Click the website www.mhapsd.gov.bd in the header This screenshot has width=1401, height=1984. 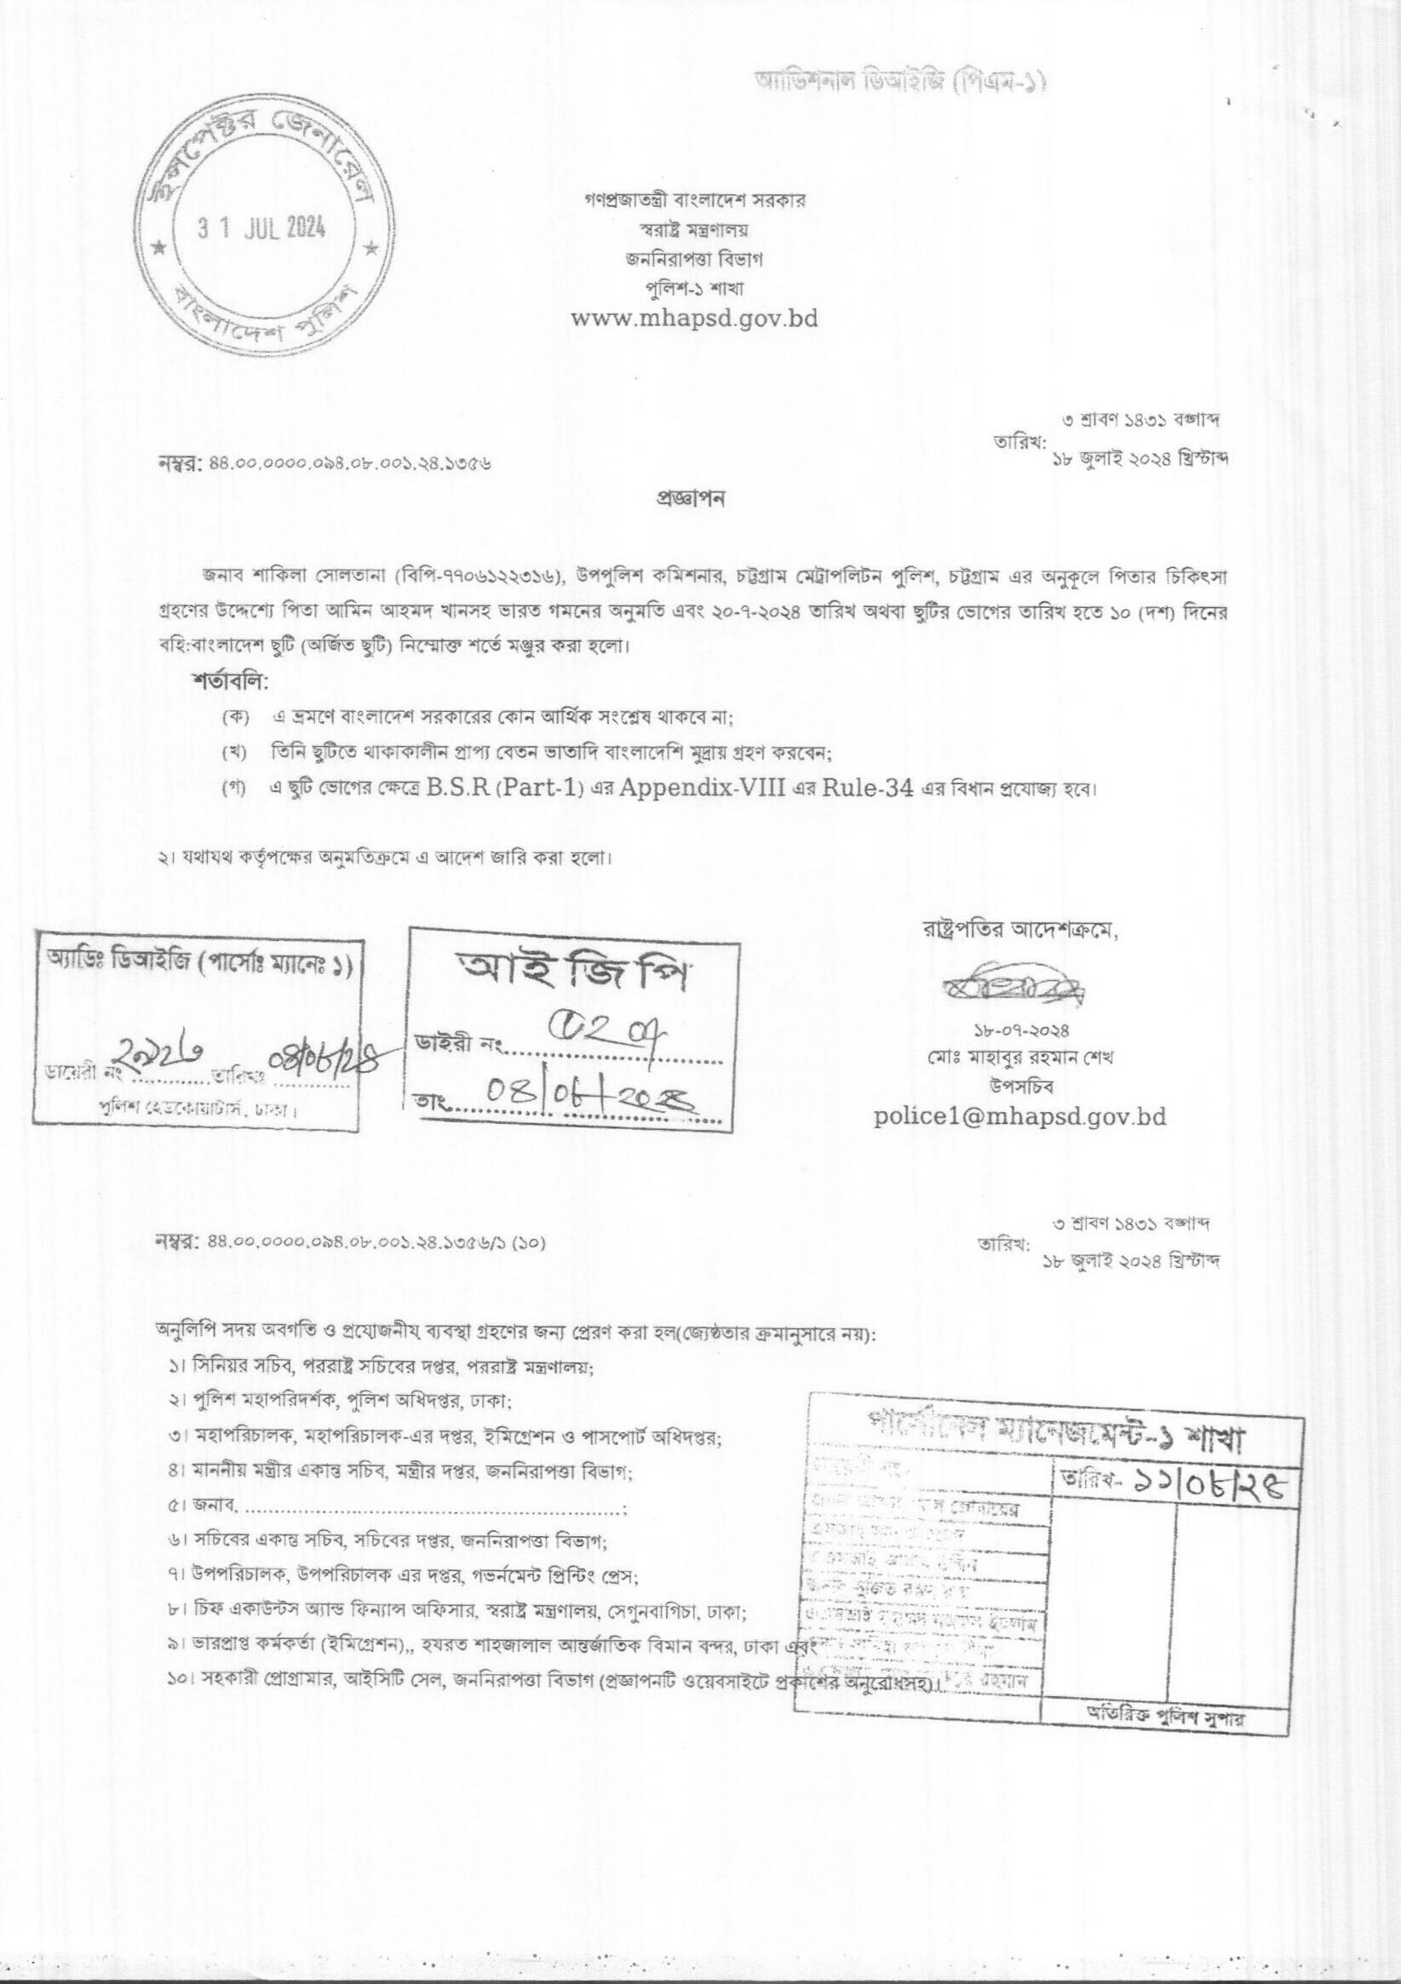click(x=695, y=318)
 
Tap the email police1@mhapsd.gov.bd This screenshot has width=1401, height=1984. click(x=1019, y=1115)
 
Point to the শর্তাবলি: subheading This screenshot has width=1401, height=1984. click(x=231, y=681)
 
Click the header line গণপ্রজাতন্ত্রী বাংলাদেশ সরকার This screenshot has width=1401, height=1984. click(x=695, y=200)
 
